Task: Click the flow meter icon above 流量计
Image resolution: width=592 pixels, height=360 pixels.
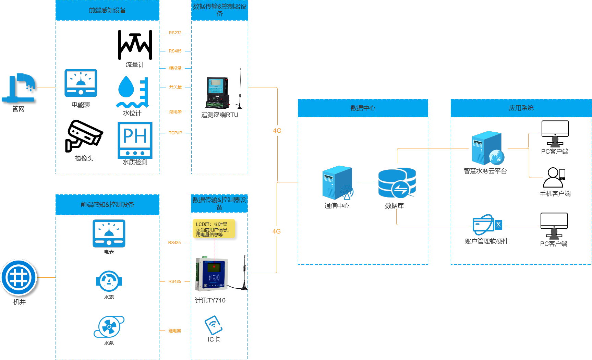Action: click(x=135, y=45)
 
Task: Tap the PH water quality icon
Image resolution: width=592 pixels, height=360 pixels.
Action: click(x=135, y=140)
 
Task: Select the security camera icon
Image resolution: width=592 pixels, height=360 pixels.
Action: click(x=83, y=136)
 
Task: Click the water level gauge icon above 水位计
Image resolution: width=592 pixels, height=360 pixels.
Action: click(x=133, y=92)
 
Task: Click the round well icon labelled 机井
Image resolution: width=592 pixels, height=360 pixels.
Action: click(x=19, y=277)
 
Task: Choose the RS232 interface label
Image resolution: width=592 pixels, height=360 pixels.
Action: click(x=175, y=33)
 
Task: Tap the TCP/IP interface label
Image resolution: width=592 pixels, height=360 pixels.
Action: click(x=175, y=133)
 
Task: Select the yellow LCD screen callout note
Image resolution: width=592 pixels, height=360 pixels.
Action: click(x=214, y=229)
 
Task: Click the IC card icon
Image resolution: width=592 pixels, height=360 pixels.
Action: click(x=214, y=325)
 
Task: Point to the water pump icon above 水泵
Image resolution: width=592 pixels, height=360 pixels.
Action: click(x=109, y=327)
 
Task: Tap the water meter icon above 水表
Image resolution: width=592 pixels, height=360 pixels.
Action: click(x=109, y=281)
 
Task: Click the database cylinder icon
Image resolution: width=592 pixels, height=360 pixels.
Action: click(x=397, y=183)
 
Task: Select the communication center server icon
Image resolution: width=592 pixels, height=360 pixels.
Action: click(x=338, y=183)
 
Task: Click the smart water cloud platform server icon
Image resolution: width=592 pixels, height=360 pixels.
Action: click(x=487, y=148)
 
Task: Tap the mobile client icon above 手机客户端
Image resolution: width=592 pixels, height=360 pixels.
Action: click(x=554, y=177)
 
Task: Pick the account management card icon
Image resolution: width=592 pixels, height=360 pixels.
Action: click(x=487, y=225)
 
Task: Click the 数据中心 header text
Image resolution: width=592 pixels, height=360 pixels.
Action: click(x=363, y=108)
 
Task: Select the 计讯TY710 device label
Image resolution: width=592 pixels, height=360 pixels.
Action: click(x=210, y=300)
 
